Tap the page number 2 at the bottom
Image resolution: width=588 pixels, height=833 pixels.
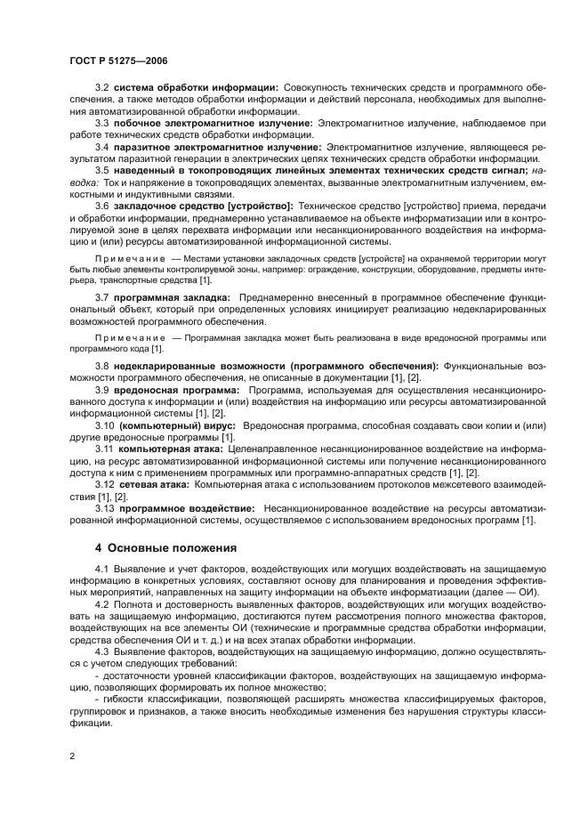(x=71, y=756)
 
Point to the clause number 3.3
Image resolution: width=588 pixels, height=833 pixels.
(x=101, y=122)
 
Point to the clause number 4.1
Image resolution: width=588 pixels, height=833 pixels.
(x=101, y=569)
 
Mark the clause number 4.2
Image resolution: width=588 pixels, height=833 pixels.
(x=101, y=604)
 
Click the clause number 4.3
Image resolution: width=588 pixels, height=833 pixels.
(x=101, y=651)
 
